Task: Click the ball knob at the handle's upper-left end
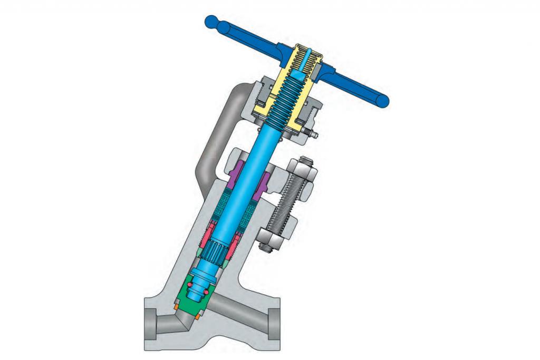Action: pos(212,22)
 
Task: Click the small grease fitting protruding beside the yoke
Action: pos(315,135)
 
